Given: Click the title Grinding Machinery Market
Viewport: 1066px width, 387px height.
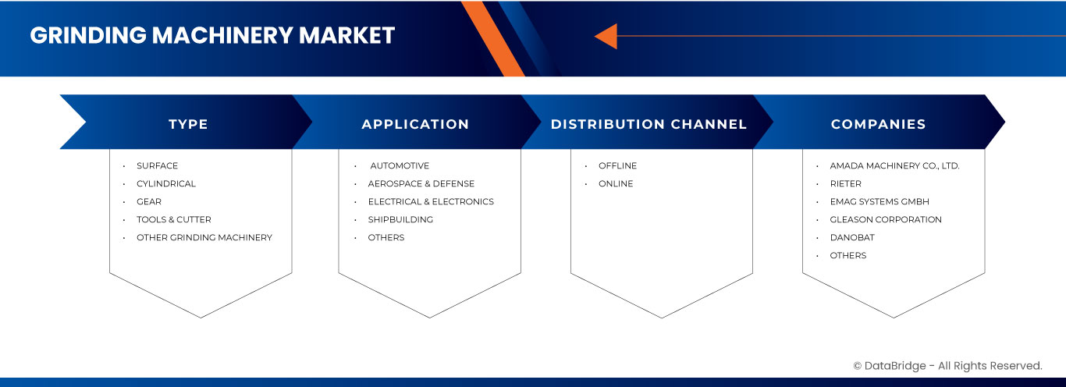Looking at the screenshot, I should [x=212, y=35].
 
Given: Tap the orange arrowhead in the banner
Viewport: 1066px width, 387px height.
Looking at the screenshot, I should [x=606, y=36].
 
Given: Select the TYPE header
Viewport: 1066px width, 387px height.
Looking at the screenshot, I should [x=188, y=124].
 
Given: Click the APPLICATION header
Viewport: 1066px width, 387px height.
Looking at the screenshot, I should [x=415, y=124].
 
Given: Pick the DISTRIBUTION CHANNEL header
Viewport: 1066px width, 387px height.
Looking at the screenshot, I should [x=648, y=124].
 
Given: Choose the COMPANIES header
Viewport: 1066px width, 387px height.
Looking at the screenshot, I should [x=878, y=124].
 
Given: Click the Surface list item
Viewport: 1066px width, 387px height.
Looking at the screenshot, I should [x=157, y=165].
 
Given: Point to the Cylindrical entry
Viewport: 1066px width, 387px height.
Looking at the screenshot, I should [x=166, y=183].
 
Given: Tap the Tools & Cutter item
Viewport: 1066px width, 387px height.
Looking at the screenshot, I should [x=173, y=219].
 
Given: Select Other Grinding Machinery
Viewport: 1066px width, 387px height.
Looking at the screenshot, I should [x=204, y=237].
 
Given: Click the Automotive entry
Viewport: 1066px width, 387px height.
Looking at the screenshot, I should [x=400, y=165].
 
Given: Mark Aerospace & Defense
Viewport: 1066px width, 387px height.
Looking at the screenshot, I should [x=421, y=183].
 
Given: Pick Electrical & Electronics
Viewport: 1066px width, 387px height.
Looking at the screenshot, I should [x=431, y=201].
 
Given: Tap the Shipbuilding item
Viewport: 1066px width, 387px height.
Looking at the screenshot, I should [x=400, y=219].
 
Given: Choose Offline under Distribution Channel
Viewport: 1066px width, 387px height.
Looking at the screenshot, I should [x=617, y=165].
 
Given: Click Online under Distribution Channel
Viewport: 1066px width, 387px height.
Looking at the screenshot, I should [x=616, y=183].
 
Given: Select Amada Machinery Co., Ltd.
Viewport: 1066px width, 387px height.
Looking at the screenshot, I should [x=894, y=165].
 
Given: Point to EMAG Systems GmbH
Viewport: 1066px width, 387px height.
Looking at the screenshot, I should [x=880, y=201].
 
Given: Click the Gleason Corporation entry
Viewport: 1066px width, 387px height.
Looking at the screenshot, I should [x=886, y=219].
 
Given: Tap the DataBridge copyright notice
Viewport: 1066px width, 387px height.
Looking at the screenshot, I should [x=947, y=365].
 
